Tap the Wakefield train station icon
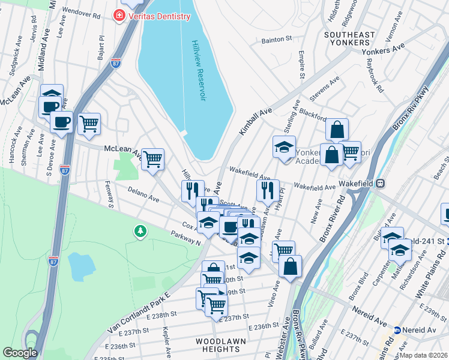pos(381,183)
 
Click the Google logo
pos(20,353)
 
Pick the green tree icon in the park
pos(140,231)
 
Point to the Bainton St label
pos(276,40)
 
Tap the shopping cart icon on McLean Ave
pos(152,159)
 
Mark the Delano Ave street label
pos(143,193)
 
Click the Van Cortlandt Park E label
pos(139,311)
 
